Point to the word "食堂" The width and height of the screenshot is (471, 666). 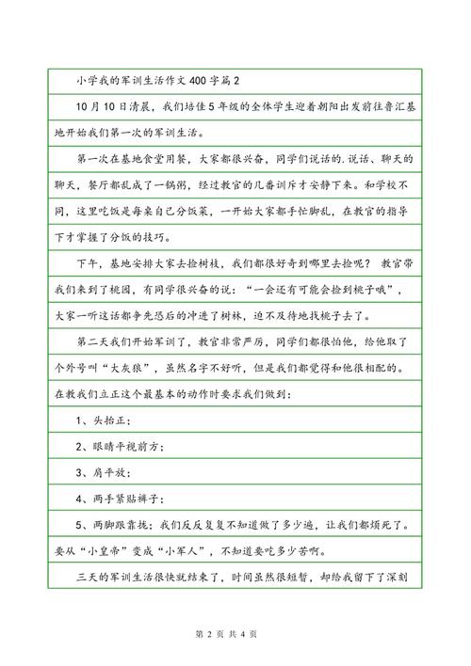click(x=162, y=161)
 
